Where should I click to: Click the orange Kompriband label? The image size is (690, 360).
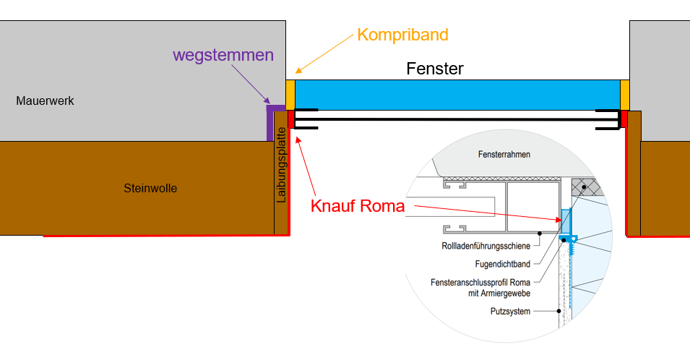402,35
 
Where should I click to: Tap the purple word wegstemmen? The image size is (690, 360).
223,55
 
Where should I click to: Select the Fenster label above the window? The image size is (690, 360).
434,69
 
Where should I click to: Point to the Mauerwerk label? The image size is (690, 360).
45,101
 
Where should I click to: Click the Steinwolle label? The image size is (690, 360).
150,189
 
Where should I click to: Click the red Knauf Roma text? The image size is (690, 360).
357,205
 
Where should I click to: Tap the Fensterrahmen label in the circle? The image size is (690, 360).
506,155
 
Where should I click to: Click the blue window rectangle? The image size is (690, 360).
457,95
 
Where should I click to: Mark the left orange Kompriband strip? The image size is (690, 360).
290,95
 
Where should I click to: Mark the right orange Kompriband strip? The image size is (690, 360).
625,95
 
